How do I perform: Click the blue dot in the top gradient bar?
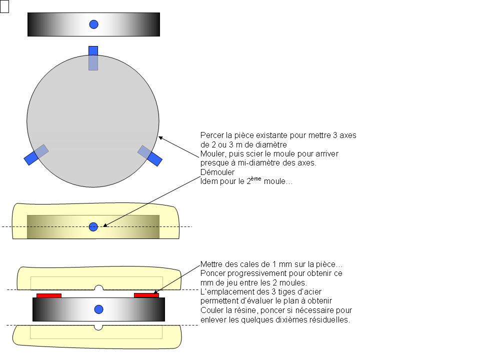(93, 23)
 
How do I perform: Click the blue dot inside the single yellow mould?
(93, 226)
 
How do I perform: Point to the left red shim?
(49, 295)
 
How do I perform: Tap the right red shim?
(146, 295)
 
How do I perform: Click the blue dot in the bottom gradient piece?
(98, 309)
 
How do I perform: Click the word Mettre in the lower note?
(211, 264)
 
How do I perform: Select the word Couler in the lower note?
(211, 310)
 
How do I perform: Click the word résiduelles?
(331, 319)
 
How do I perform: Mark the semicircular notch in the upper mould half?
(98, 287)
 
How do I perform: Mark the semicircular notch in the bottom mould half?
(98, 327)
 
